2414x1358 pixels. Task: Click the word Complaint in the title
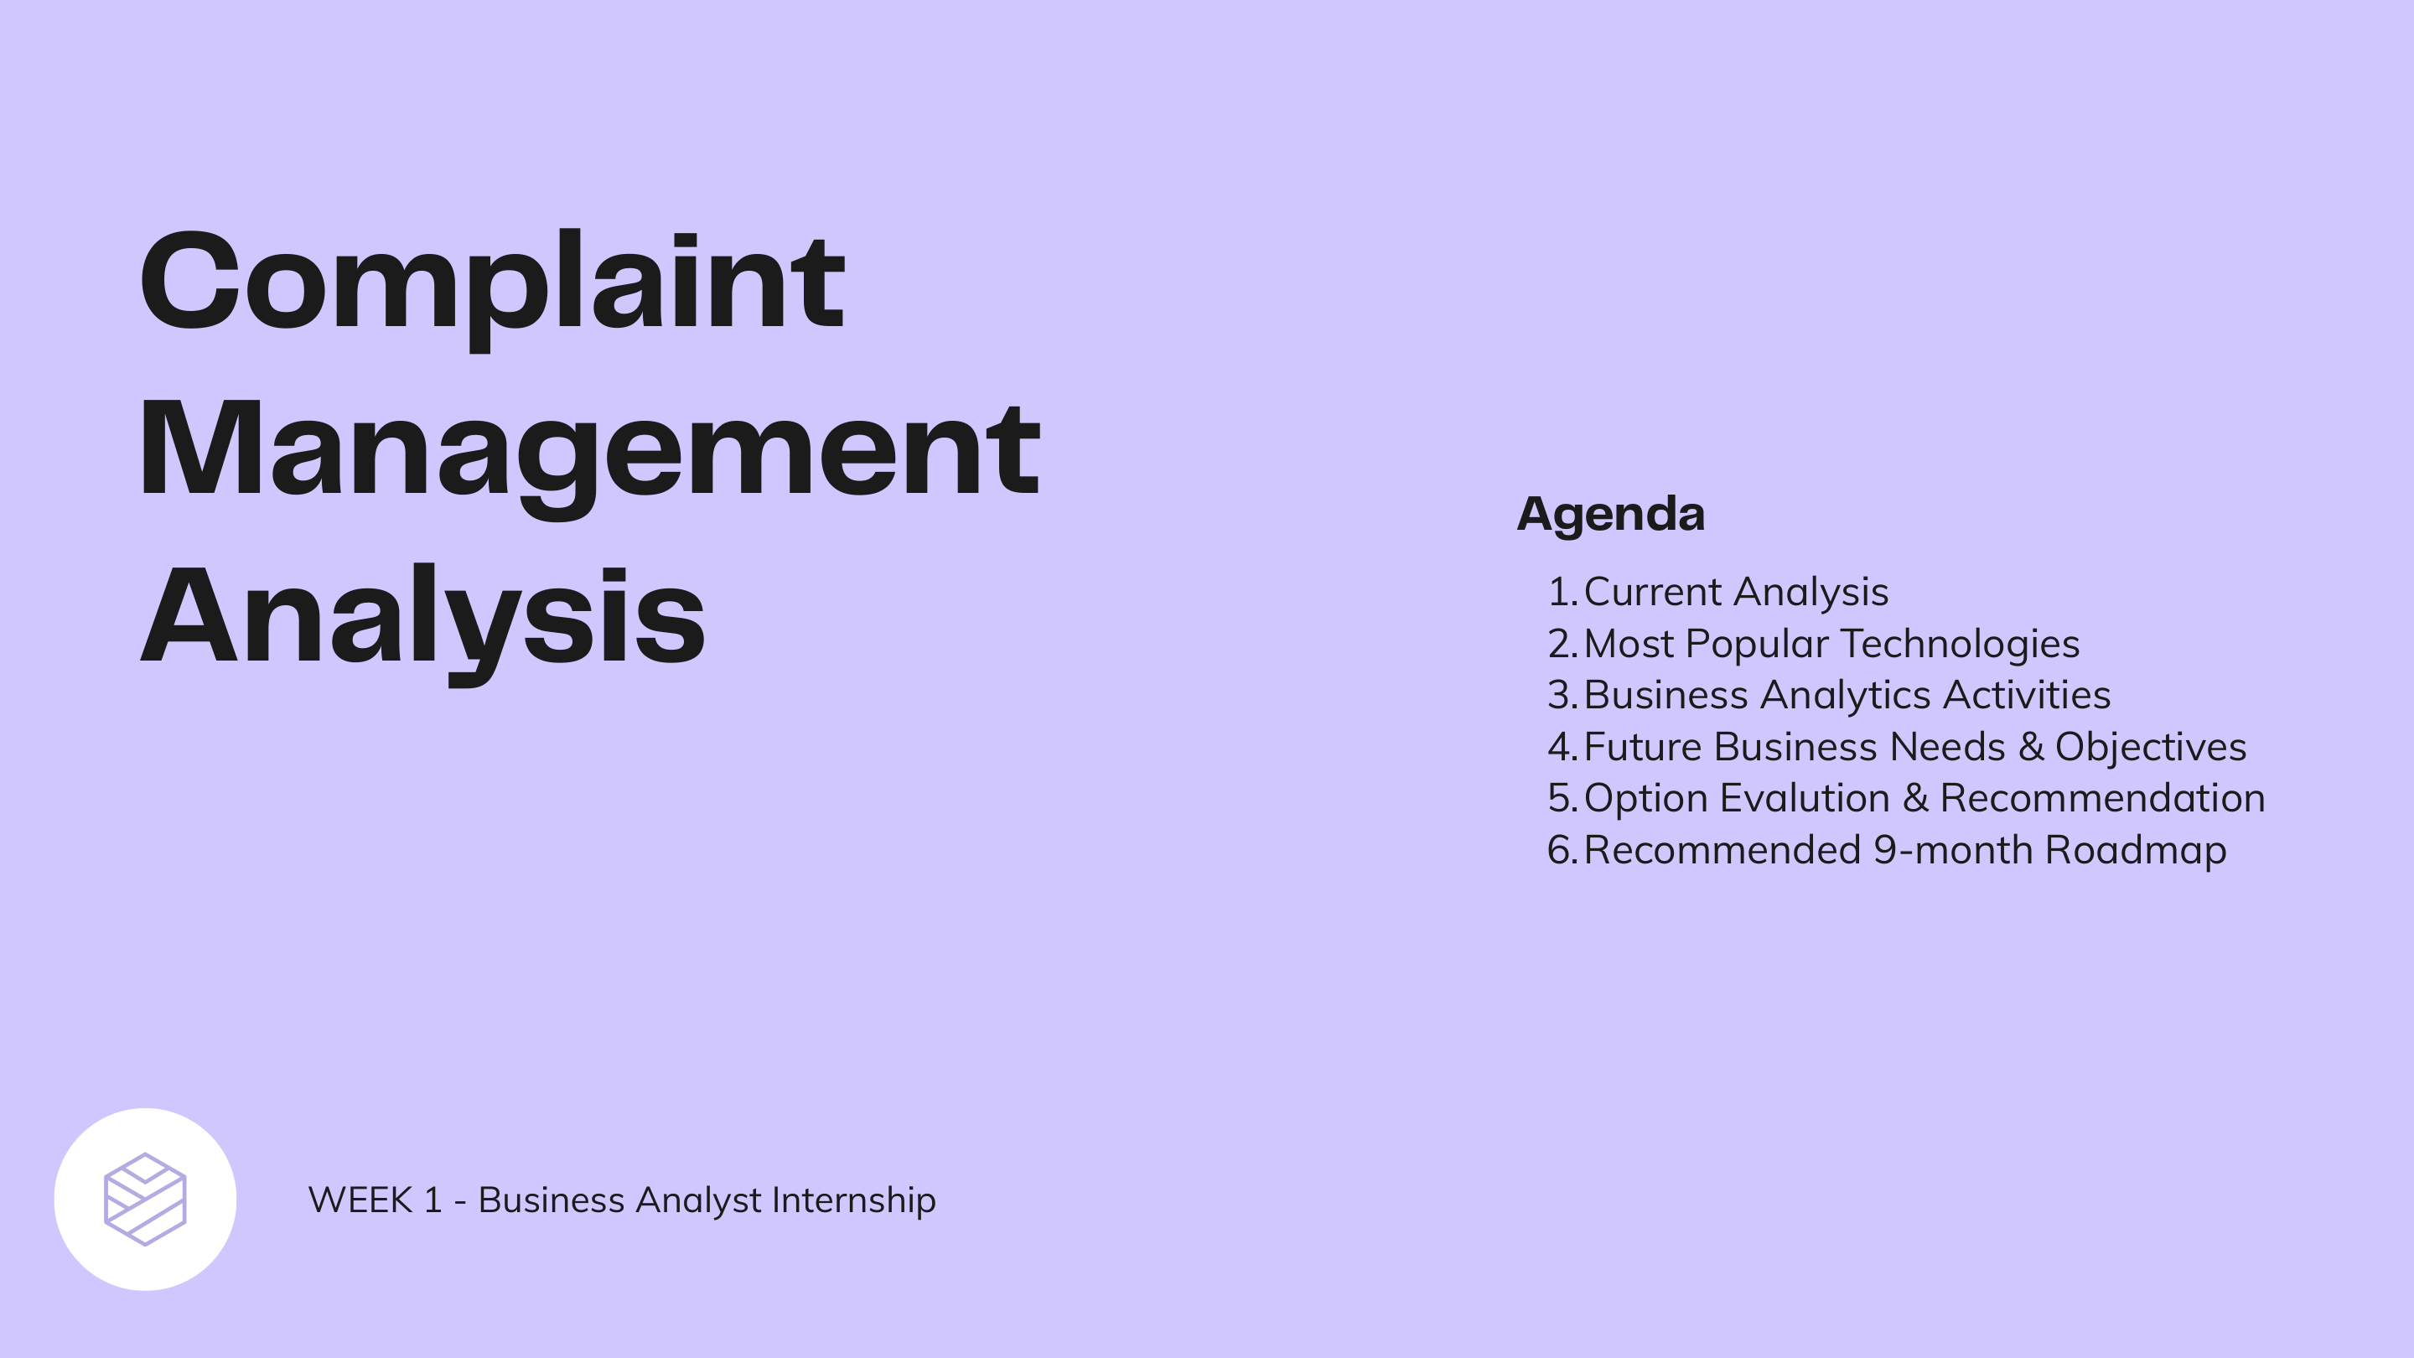tap(492, 281)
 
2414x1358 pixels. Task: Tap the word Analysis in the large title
tap(422, 616)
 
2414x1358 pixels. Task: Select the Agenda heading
tap(1610, 514)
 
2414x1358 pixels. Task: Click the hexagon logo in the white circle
tap(145, 1199)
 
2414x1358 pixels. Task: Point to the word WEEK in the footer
tap(360, 1200)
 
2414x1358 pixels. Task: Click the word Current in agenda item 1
tap(1652, 591)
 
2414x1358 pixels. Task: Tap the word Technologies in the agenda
tap(1960, 644)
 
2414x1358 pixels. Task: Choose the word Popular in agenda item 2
tap(1756, 644)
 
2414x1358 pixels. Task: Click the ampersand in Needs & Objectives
tap(2031, 747)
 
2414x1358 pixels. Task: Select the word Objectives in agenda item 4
tap(2150, 747)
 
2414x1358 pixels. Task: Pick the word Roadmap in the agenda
tap(2135, 850)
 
